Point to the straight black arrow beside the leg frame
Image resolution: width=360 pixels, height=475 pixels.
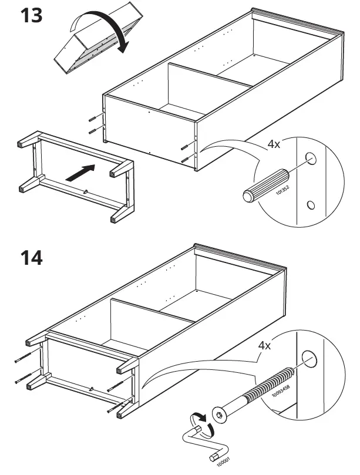click(80, 172)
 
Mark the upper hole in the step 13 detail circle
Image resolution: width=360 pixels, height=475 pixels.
click(311, 159)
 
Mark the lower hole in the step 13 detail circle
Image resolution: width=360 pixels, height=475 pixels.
click(311, 205)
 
